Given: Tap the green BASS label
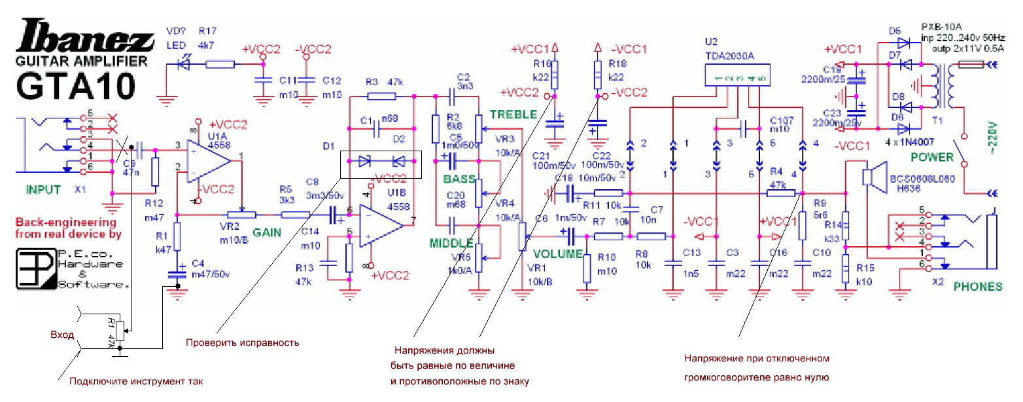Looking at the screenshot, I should click(x=459, y=178).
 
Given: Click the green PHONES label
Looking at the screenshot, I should click(x=977, y=286).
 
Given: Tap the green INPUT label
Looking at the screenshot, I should click(x=43, y=190).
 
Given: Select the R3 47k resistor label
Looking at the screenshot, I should click(x=384, y=82).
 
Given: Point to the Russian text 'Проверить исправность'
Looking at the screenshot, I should click(x=242, y=342).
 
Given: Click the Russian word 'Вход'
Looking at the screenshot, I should click(x=61, y=334).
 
